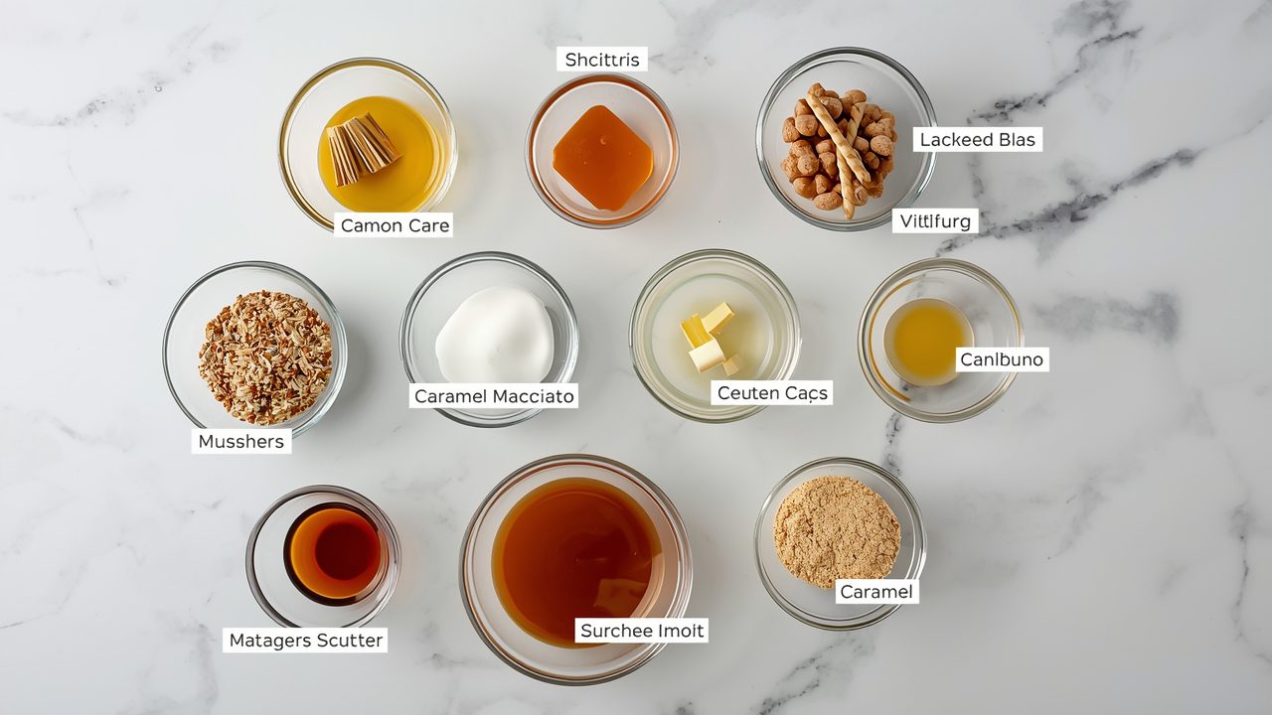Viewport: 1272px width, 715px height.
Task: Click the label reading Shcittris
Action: tap(601, 60)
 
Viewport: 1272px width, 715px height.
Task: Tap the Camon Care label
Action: tap(395, 225)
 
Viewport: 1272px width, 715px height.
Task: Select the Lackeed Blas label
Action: tap(977, 140)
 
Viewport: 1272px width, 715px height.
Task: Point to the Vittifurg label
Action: tap(934, 220)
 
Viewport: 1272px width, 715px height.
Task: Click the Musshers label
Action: tap(241, 441)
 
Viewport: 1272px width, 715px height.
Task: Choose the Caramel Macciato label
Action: tap(494, 396)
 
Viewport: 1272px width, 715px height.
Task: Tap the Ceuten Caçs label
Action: tap(772, 393)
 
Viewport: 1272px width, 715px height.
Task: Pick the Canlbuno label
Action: tap(1002, 358)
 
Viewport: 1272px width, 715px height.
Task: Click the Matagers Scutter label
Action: tap(305, 641)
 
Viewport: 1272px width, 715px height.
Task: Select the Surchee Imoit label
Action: tap(641, 631)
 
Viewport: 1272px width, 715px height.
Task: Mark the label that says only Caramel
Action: tap(875, 592)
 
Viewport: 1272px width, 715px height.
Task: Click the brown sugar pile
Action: tap(835, 529)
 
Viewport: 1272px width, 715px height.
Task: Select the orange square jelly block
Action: tap(602, 157)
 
